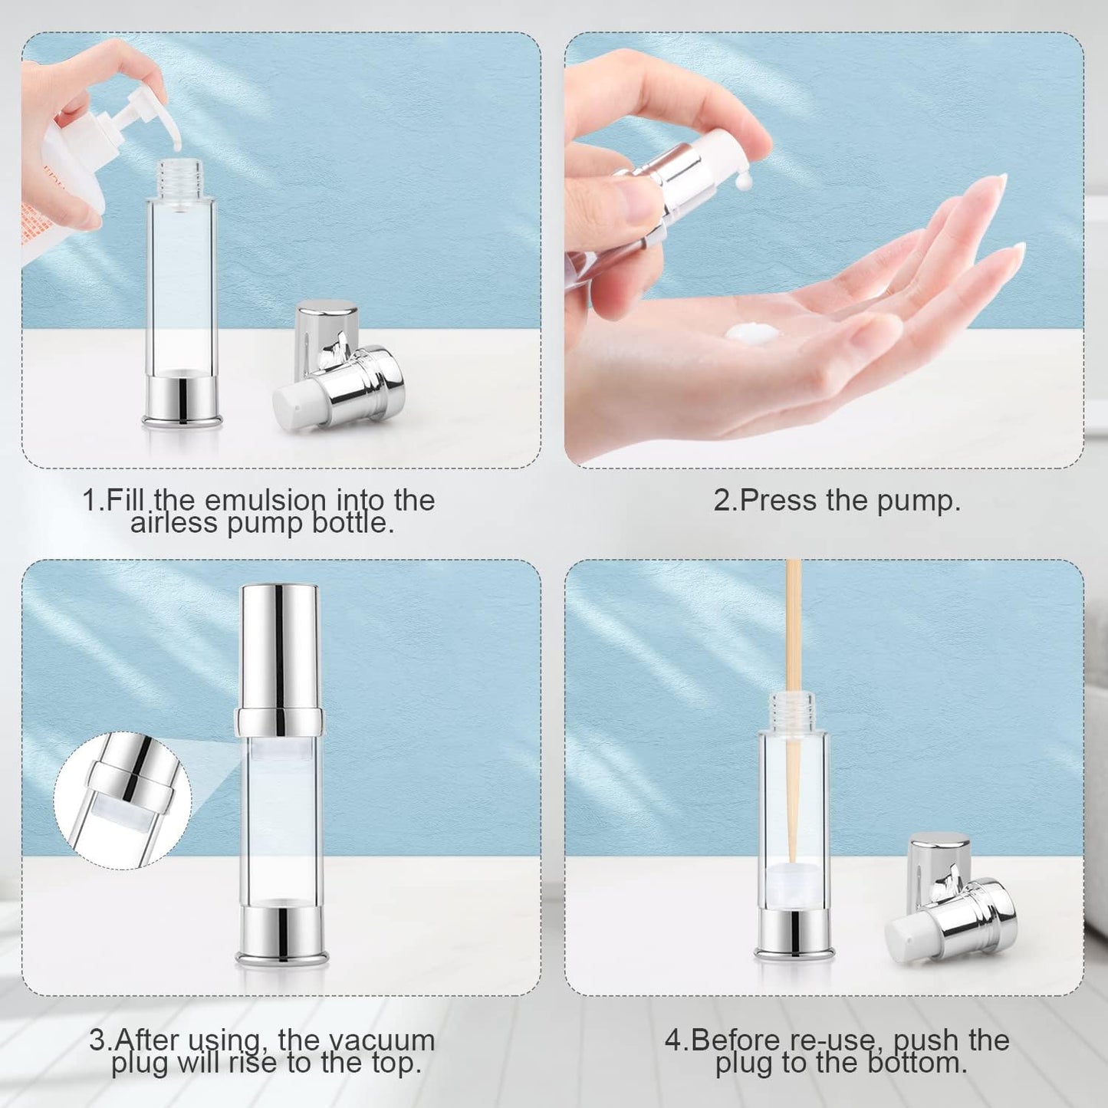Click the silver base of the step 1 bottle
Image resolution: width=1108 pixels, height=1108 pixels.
click(x=182, y=398)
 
